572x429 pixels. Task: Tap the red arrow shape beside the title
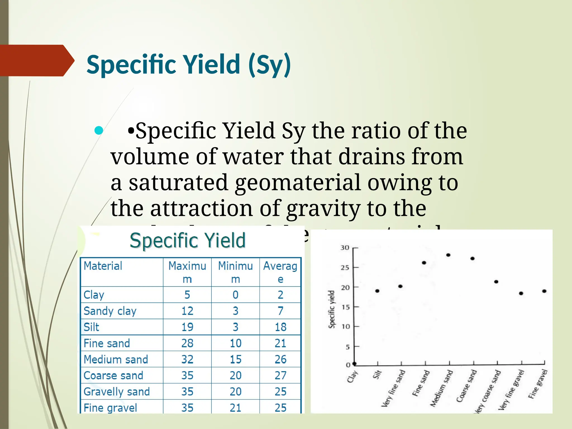pyautogui.click(x=36, y=60)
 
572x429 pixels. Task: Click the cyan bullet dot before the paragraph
pyautogui.click(x=99, y=130)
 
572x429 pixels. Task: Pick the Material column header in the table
pyautogui.click(x=103, y=266)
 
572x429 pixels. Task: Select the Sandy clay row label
pyautogui.click(x=110, y=311)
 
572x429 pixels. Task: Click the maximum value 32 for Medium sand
pyautogui.click(x=187, y=359)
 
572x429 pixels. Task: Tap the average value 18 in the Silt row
pyautogui.click(x=280, y=327)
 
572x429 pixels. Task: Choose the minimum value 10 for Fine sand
pyautogui.click(x=235, y=343)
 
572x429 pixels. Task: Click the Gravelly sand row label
pyautogui.click(x=116, y=392)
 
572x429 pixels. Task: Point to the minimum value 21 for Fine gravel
pyautogui.click(x=235, y=408)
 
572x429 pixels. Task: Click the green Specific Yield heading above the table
pyautogui.click(x=188, y=240)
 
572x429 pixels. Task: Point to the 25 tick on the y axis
pyautogui.click(x=345, y=268)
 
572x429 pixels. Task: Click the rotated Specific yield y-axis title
pyautogui.click(x=332, y=309)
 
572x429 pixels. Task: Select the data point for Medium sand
pyautogui.click(x=448, y=255)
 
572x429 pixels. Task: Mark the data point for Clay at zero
pyautogui.click(x=354, y=364)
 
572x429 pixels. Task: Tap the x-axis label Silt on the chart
pyautogui.click(x=377, y=375)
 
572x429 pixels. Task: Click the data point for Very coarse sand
pyautogui.click(x=496, y=282)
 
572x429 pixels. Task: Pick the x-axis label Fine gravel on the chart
pyautogui.click(x=538, y=384)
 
